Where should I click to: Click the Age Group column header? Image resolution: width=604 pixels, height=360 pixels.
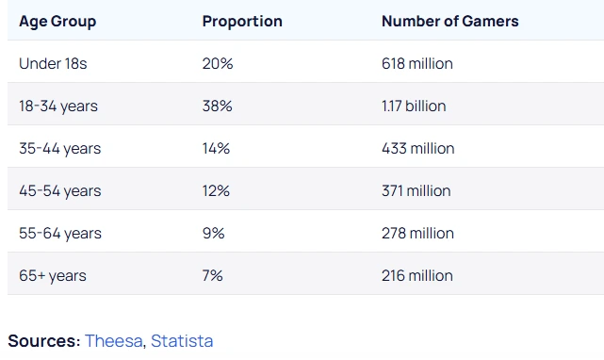[57, 21]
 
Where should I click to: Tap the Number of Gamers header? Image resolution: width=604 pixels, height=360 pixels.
[449, 21]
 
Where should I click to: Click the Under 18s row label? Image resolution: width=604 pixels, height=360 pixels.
[53, 63]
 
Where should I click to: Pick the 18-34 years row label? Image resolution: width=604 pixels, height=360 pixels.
[58, 106]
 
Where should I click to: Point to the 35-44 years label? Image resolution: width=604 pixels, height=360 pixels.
[59, 148]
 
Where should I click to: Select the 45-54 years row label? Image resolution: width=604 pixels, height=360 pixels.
[59, 190]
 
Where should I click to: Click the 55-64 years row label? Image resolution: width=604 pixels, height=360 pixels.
[59, 233]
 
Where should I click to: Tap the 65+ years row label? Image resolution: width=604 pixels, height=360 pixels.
[53, 275]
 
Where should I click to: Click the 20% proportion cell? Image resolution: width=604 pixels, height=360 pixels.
[217, 63]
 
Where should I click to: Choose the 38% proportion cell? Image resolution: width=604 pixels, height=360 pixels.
[217, 106]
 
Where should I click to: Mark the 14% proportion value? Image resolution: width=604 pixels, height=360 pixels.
[216, 148]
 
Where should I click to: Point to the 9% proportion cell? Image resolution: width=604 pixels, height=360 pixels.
[213, 233]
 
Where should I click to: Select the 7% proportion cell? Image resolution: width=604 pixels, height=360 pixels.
[212, 275]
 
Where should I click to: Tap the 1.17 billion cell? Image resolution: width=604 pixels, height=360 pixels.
[414, 106]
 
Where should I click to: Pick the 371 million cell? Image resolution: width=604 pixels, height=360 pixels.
[416, 190]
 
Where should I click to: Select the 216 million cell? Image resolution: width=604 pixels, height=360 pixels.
[417, 275]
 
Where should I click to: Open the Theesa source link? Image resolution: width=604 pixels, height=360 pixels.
[114, 340]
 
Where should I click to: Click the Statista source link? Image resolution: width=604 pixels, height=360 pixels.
[182, 340]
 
